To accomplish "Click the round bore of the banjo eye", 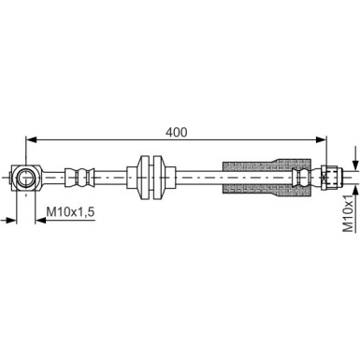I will coord(25,175).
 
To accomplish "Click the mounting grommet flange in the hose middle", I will coord(151,175).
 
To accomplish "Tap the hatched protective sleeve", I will coord(257,175).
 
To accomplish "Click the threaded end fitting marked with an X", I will coord(328,175).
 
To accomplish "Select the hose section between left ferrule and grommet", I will coord(117,175).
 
